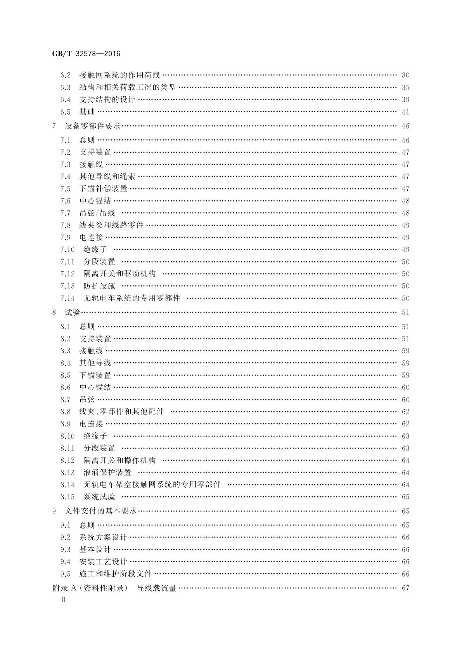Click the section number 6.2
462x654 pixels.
point(65,75)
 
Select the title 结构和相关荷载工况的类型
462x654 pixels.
point(128,87)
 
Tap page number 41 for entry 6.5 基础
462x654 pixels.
point(405,112)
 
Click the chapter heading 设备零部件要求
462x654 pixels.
point(93,126)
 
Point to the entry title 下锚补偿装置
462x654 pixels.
point(103,189)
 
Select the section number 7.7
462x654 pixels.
point(65,213)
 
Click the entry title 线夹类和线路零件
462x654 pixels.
point(111,225)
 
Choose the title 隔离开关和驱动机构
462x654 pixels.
point(119,274)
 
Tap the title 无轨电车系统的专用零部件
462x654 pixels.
point(132,298)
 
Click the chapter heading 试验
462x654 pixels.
point(72,312)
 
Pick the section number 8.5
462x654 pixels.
point(65,375)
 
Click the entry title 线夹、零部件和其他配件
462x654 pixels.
point(121,412)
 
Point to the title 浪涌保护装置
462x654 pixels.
point(107,473)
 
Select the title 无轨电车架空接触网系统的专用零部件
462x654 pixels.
point(152,485)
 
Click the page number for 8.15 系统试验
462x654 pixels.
point(405,497)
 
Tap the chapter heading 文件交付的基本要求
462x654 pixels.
point(101,511)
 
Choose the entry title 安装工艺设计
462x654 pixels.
point(103,562)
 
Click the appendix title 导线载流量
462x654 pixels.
point(157,588)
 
